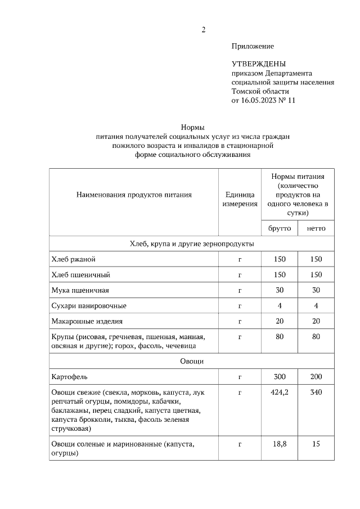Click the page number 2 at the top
204,30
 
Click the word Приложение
253,46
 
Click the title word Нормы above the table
192,127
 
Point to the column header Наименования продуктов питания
134,195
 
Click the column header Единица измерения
239,199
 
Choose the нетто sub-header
316,228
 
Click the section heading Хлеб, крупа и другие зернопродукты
192,244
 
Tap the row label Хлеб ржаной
73,259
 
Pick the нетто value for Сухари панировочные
316,305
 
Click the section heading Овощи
192,361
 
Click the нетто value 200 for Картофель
316,376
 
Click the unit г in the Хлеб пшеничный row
239,274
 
